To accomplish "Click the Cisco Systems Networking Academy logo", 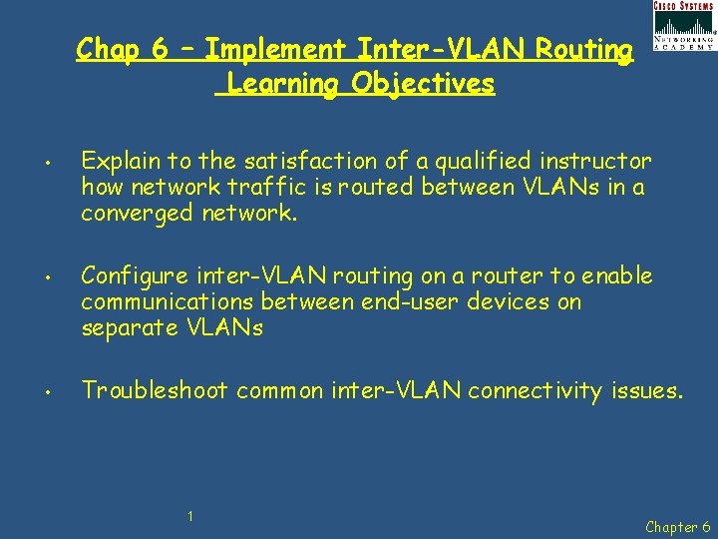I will [683, 26].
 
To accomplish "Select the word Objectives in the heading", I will [423, 83].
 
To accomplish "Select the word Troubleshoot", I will [155, 390].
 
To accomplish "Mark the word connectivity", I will [535, 390].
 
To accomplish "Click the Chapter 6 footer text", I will [678, 526].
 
